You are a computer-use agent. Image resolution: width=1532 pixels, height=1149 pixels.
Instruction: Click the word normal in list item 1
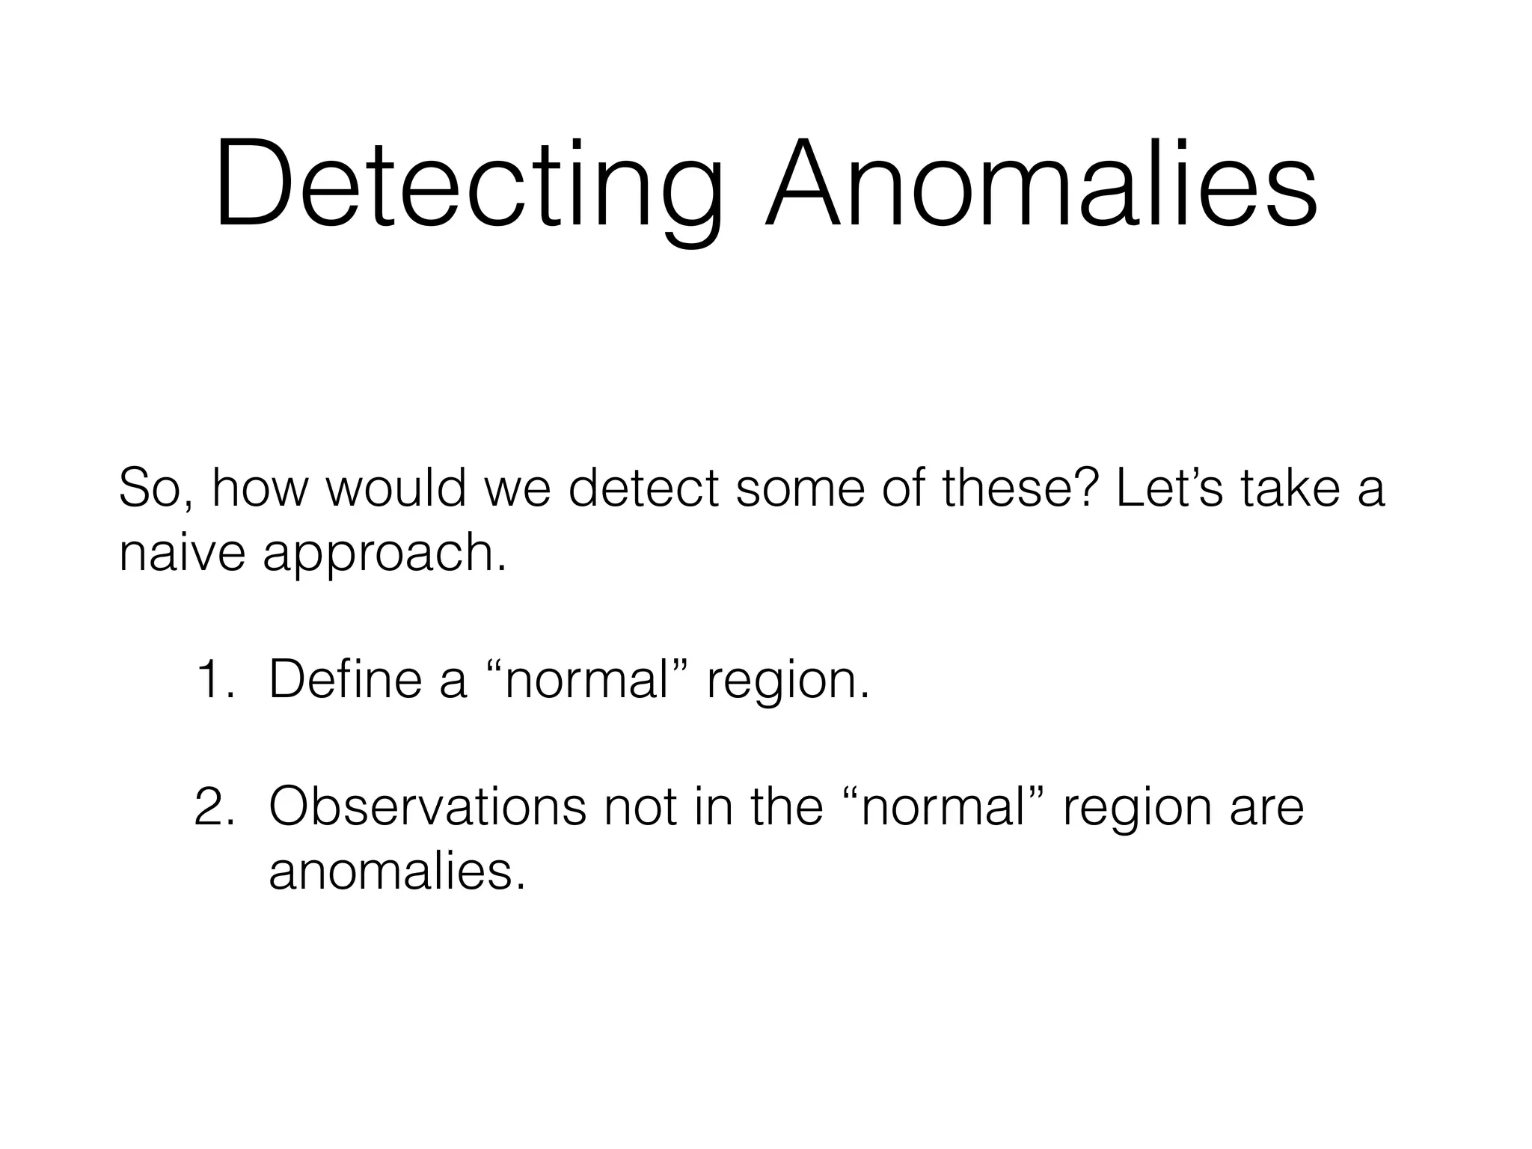[x=587, y=679]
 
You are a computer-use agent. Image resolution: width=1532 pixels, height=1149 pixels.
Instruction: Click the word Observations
[x=427, y=806]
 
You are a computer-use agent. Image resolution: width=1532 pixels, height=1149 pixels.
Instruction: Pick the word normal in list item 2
[x=943, y=806]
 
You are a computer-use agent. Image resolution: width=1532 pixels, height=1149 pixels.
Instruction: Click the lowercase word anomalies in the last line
[x=396, y=871]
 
